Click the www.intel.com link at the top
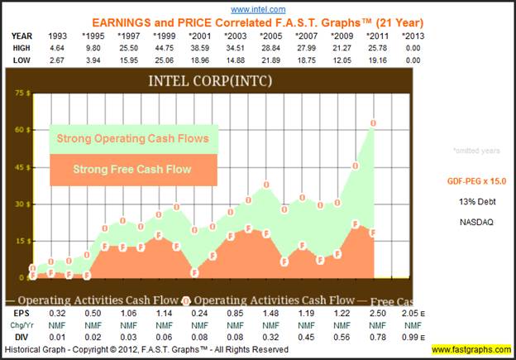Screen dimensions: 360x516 click(x=258, y=10)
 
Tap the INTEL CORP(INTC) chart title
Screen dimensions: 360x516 click(x=209, y=81)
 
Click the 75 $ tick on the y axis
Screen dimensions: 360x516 click(x=23, y=93)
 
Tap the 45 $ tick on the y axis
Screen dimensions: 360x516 click(x=23, y=167)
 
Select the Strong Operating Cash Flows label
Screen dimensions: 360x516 click(x=132, y=138)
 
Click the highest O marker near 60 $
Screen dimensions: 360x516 click(x=374, y=123)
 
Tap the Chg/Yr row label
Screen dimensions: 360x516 click(x=22, y=326)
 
